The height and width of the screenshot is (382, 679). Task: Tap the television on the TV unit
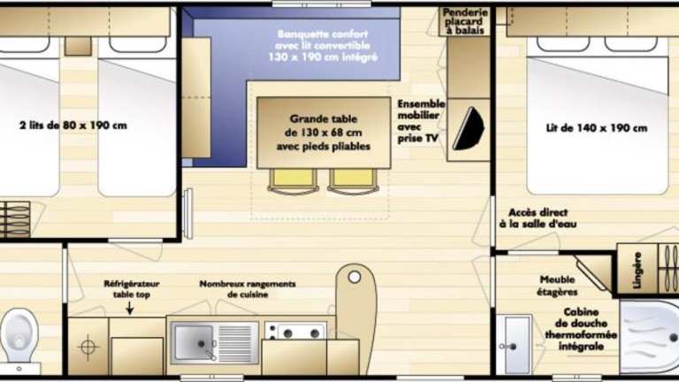pyautogui.click(x=469, y=128)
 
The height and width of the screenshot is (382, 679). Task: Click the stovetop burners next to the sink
pyautogui.click(x=295, y=332)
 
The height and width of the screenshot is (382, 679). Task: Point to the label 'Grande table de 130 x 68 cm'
pyautogui.click(x=324, y=126)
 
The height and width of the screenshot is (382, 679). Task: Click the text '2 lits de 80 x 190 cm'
pyautogui.click(x=73, y=126)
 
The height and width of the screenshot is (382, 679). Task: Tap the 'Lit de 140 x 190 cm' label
pyautogui.click(x=597, y=128)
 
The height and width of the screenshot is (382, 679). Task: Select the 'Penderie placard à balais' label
pyautogui.click(x=465, y=21)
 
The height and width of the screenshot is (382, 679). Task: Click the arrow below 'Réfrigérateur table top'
pyautogui.click(x=129, y=308)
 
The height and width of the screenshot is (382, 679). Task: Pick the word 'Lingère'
pyautogui.click(x=637, y=271)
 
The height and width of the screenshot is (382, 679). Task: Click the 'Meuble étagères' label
pyautogui.click(x=557, y=286)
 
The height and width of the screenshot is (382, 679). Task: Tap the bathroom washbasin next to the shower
pyautogui.click(x=514, y=345)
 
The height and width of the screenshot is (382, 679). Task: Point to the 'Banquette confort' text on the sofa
pyautogui.click(x=323, y=34)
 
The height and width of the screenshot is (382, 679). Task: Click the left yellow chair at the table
pyautogui.click(x=294, y=180)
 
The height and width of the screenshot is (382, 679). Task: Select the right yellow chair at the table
pyautogui.click(x=353, y=180)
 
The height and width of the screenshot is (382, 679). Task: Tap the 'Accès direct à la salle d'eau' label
pyautogui.click(x=538, y=218)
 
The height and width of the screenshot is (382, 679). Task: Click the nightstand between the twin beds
pyautogui.click(x=78, y=46)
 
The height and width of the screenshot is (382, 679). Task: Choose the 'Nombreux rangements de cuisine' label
pyautogui.click(x=248, y=289)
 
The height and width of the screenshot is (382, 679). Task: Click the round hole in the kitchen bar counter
pyautogui.click(x=355, y=277)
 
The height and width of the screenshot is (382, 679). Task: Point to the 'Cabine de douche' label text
pyautogui.click(x=581, y=317)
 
